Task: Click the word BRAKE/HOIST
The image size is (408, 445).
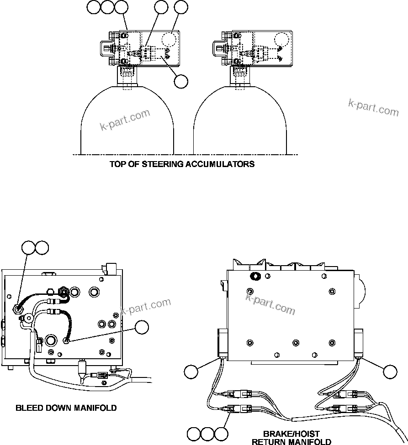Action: point(291,434)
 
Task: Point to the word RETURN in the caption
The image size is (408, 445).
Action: point(269,442)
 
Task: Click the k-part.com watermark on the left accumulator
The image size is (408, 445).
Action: point(125,119)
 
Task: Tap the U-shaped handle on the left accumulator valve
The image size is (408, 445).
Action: point(106,47)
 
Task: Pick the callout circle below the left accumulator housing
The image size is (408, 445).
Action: point(181,81)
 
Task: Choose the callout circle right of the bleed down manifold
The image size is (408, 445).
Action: point(143,327)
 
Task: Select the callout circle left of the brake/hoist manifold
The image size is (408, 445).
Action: point(192,372)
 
